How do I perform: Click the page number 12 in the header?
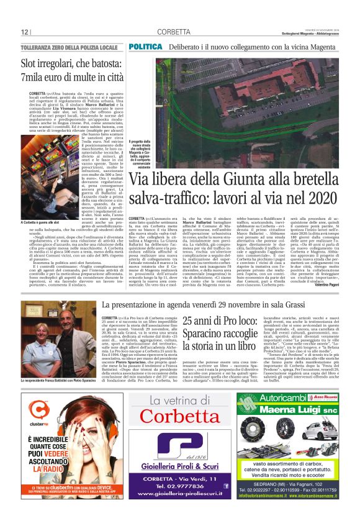click(25, 32)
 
